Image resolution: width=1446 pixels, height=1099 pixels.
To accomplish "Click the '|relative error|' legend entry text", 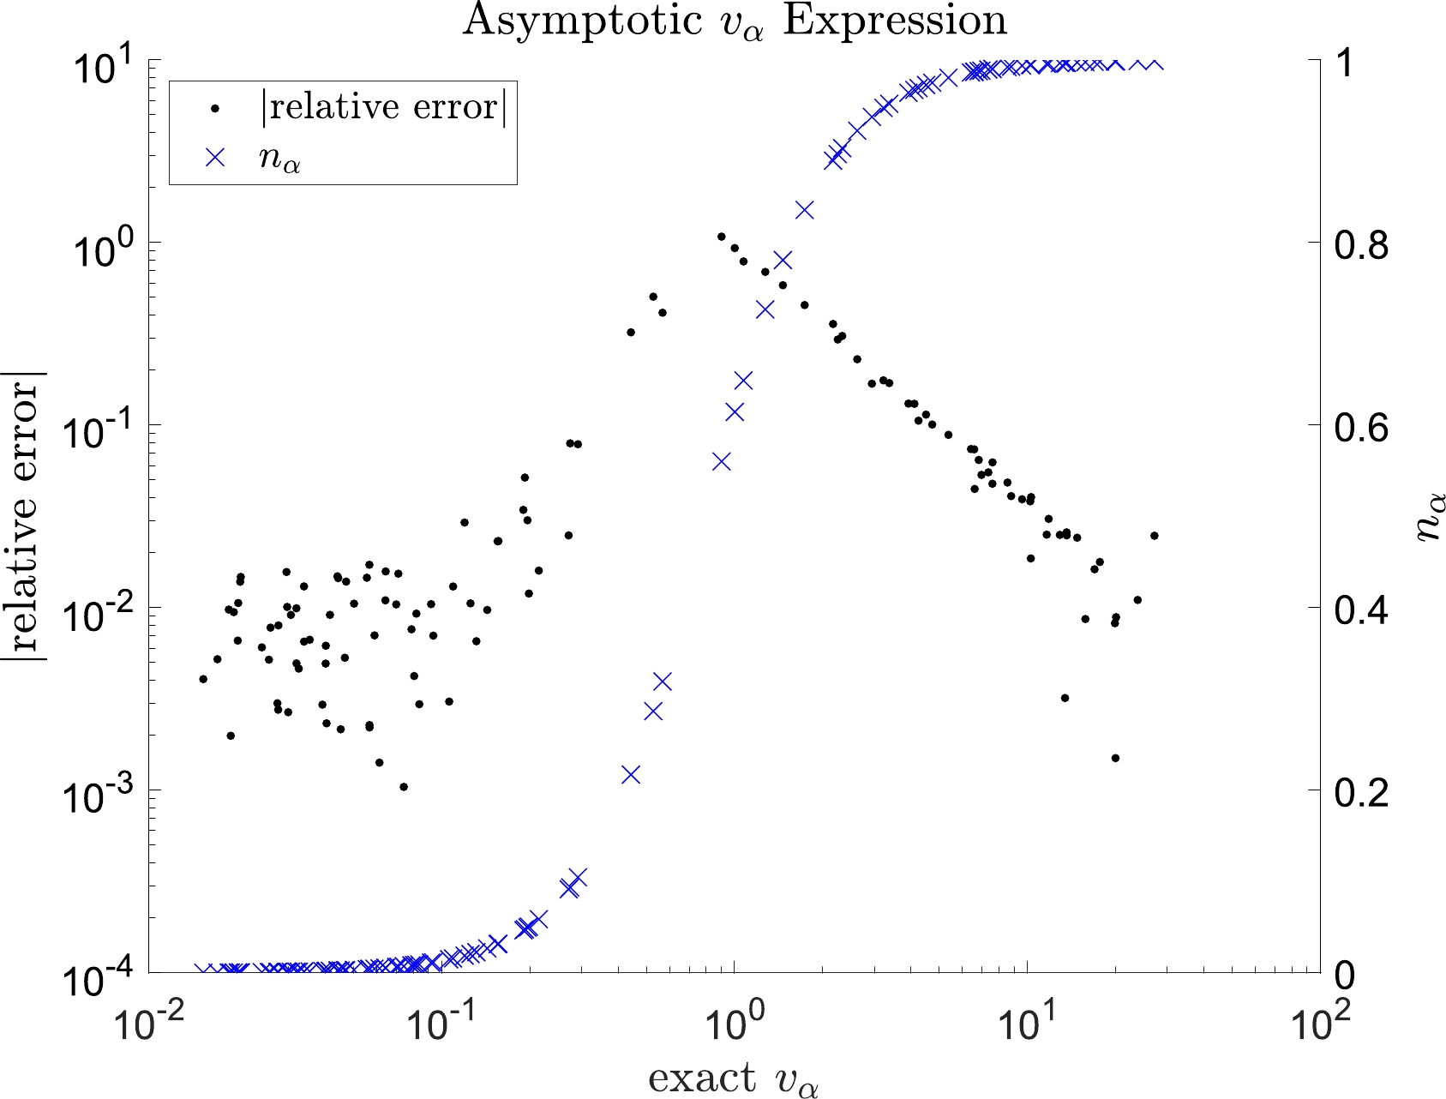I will point(383,108).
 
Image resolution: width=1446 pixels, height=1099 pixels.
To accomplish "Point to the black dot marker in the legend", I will point(216,109).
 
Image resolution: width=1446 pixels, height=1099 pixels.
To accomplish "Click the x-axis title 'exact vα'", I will point(734,1078).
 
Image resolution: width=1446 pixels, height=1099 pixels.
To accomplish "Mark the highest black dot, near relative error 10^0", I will point(721,237).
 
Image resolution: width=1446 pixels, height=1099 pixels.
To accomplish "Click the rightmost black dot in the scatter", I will point(1154,536).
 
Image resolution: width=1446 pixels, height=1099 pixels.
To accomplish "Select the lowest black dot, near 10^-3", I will point(404,787).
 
